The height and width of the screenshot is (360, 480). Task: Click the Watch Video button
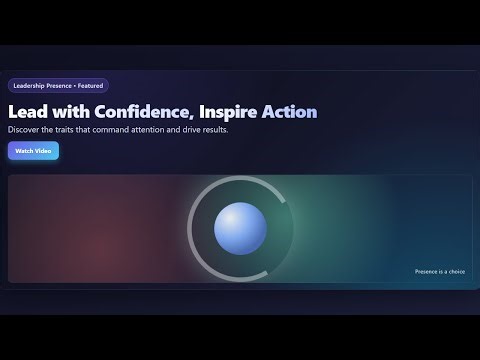(33, 151)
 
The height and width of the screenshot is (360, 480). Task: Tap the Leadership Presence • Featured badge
(58, 86)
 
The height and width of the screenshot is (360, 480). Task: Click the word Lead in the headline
(28, 112)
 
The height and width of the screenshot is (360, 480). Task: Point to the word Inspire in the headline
(228, 112)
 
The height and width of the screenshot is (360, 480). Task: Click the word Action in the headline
(289, 112)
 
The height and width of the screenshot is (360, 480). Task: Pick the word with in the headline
(71, 112)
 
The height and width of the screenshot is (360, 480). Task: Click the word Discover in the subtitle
(23, 130)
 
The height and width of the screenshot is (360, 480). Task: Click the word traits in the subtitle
(64, 130)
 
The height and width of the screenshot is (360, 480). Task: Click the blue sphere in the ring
(240, 228)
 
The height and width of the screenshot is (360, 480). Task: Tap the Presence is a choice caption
(440, 272)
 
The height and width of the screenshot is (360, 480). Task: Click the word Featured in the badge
(90, 86)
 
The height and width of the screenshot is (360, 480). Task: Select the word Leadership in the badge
(29, 86)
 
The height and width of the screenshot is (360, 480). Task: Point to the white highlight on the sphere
(231, 218)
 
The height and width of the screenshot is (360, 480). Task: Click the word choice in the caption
(457, 272)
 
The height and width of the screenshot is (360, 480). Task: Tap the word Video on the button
(43, 151)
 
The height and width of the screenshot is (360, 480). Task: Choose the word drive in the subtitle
(191, 130)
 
